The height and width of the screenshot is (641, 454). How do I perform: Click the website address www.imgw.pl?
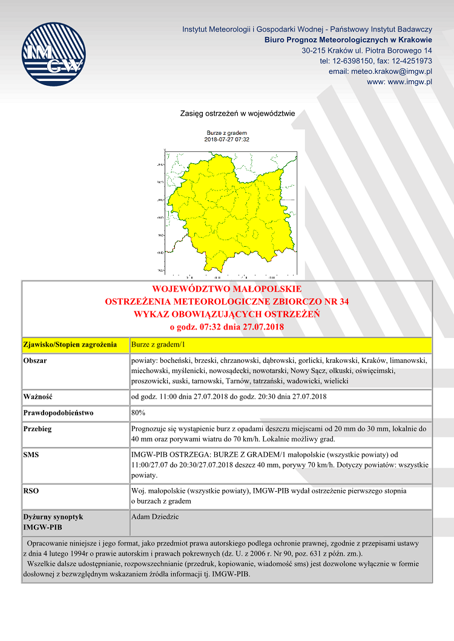(x=400, y=82)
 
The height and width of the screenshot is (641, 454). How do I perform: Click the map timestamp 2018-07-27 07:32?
(x=227, y=139)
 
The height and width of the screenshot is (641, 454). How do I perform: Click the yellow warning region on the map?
(x=236, y=206)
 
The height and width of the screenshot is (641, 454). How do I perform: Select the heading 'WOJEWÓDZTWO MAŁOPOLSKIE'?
(x=227, y=289)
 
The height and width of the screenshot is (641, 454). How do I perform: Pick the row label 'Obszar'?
(x=35, y=361)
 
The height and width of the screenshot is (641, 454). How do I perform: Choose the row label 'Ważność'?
(x=38, y=397)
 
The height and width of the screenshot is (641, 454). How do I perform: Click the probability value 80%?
(x=138, y=413)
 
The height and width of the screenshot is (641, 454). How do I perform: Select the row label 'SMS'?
(x=31, y=454)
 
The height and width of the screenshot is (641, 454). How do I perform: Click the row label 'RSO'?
(x=31, y=491)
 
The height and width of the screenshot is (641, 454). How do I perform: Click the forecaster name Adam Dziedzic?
(x=155, y=517)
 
